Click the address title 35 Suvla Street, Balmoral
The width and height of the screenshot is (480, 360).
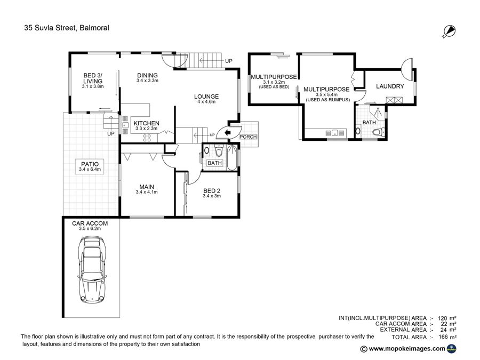pyautogui.click(x=67, y=28)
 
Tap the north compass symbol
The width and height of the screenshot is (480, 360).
pyautogui.click(x=450, y=31)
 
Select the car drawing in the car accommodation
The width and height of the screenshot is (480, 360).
pyautogui.click(x=93, y=270)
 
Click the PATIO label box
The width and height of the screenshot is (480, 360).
pyautogui.click(x=90, y=166)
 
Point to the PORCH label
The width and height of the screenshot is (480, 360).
pyautogui.click(x=248, y=137)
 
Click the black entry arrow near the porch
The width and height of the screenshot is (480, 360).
pyautogui.click(x=227, y=133)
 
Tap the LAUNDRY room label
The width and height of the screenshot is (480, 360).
pyautogui.click(x=390, y=86)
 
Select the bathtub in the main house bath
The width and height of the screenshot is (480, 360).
pyautogui.click(x=233, y=158)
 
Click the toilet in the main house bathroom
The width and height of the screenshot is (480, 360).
pyautogui.click(x=219, y=150)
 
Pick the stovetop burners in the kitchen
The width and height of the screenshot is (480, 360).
pyautogui.click(x=147, y=138)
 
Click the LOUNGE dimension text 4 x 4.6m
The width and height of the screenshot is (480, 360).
pyautogui.click(x=206, y=102)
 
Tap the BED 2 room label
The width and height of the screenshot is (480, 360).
pyautogui.click(x=212, y=191)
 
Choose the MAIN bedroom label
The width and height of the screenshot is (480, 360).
pyautogui.click(x=147, y=187)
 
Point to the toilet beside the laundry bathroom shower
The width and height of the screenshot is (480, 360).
pyautogui.click(x=378, y=132)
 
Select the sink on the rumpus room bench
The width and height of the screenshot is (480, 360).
pyautogui.click(x=335, y=133)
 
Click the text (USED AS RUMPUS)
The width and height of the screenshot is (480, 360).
pyautogui.click(x=328, y=100)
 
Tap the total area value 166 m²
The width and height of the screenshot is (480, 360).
pyautogui.click(x=447, y=337)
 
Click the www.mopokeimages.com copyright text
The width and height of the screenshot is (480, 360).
pyautogui.click(x=407, y=349)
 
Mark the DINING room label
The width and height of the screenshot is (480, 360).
pyautogui.click(x=147, y=75)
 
